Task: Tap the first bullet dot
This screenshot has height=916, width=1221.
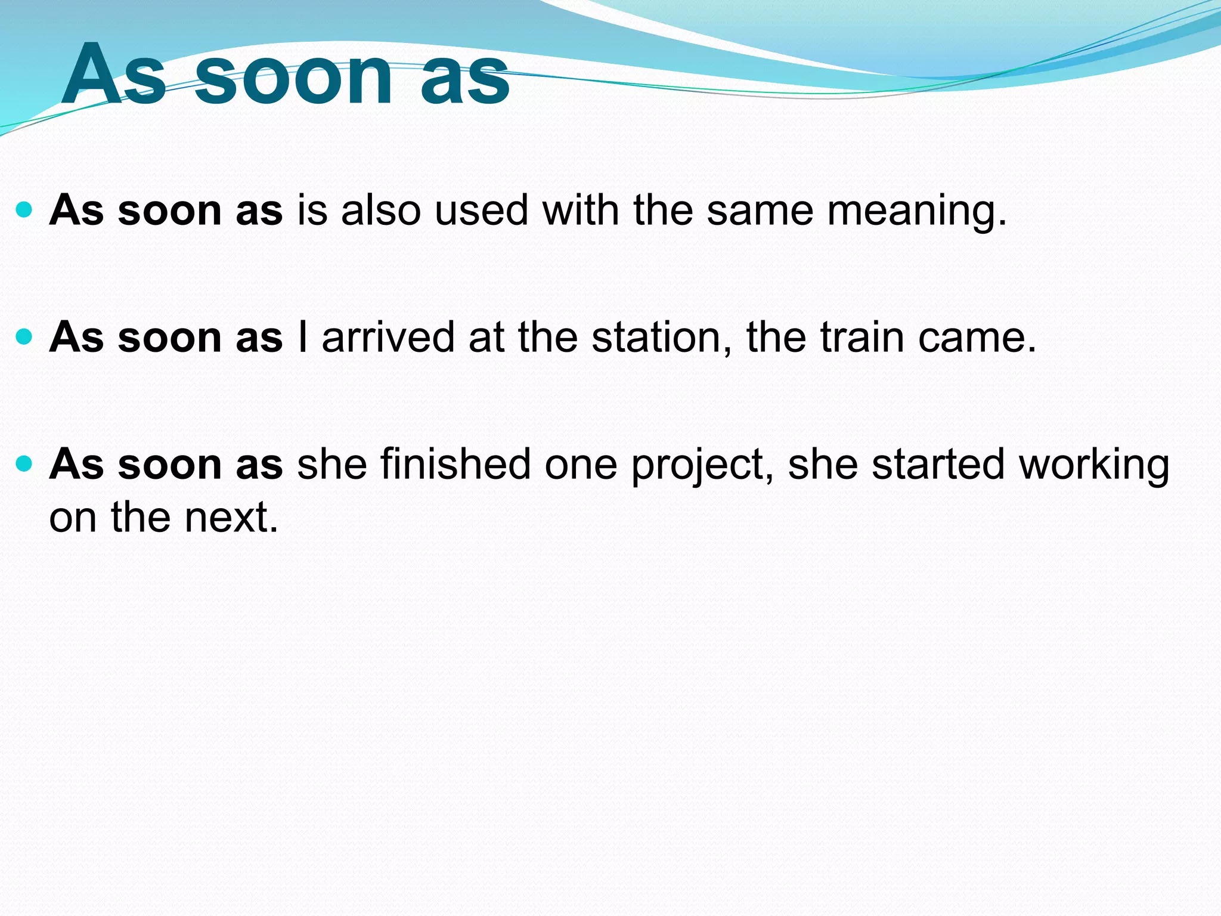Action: [24, 210]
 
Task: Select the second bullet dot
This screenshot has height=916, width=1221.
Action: [24, 338]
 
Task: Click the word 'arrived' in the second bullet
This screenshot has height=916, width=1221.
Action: [388, 338]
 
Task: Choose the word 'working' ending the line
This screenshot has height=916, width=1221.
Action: [1094, 466]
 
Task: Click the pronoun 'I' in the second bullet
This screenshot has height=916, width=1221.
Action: [303, 338]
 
